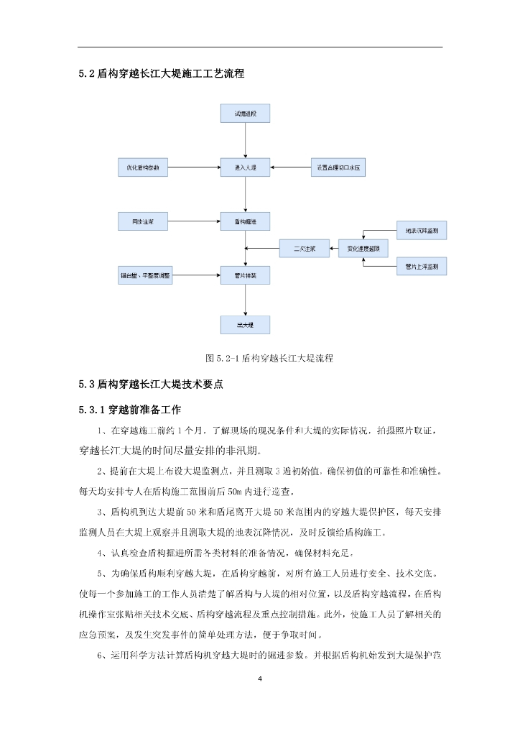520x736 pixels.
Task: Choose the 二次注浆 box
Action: click(304, 249)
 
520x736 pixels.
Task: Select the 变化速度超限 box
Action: click(363, 249)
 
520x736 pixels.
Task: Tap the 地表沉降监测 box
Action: click(422, 231)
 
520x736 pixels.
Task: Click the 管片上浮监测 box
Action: click(422, 267)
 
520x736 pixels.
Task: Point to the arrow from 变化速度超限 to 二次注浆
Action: click(333, 249)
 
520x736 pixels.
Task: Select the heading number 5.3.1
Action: click(93, 410)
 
